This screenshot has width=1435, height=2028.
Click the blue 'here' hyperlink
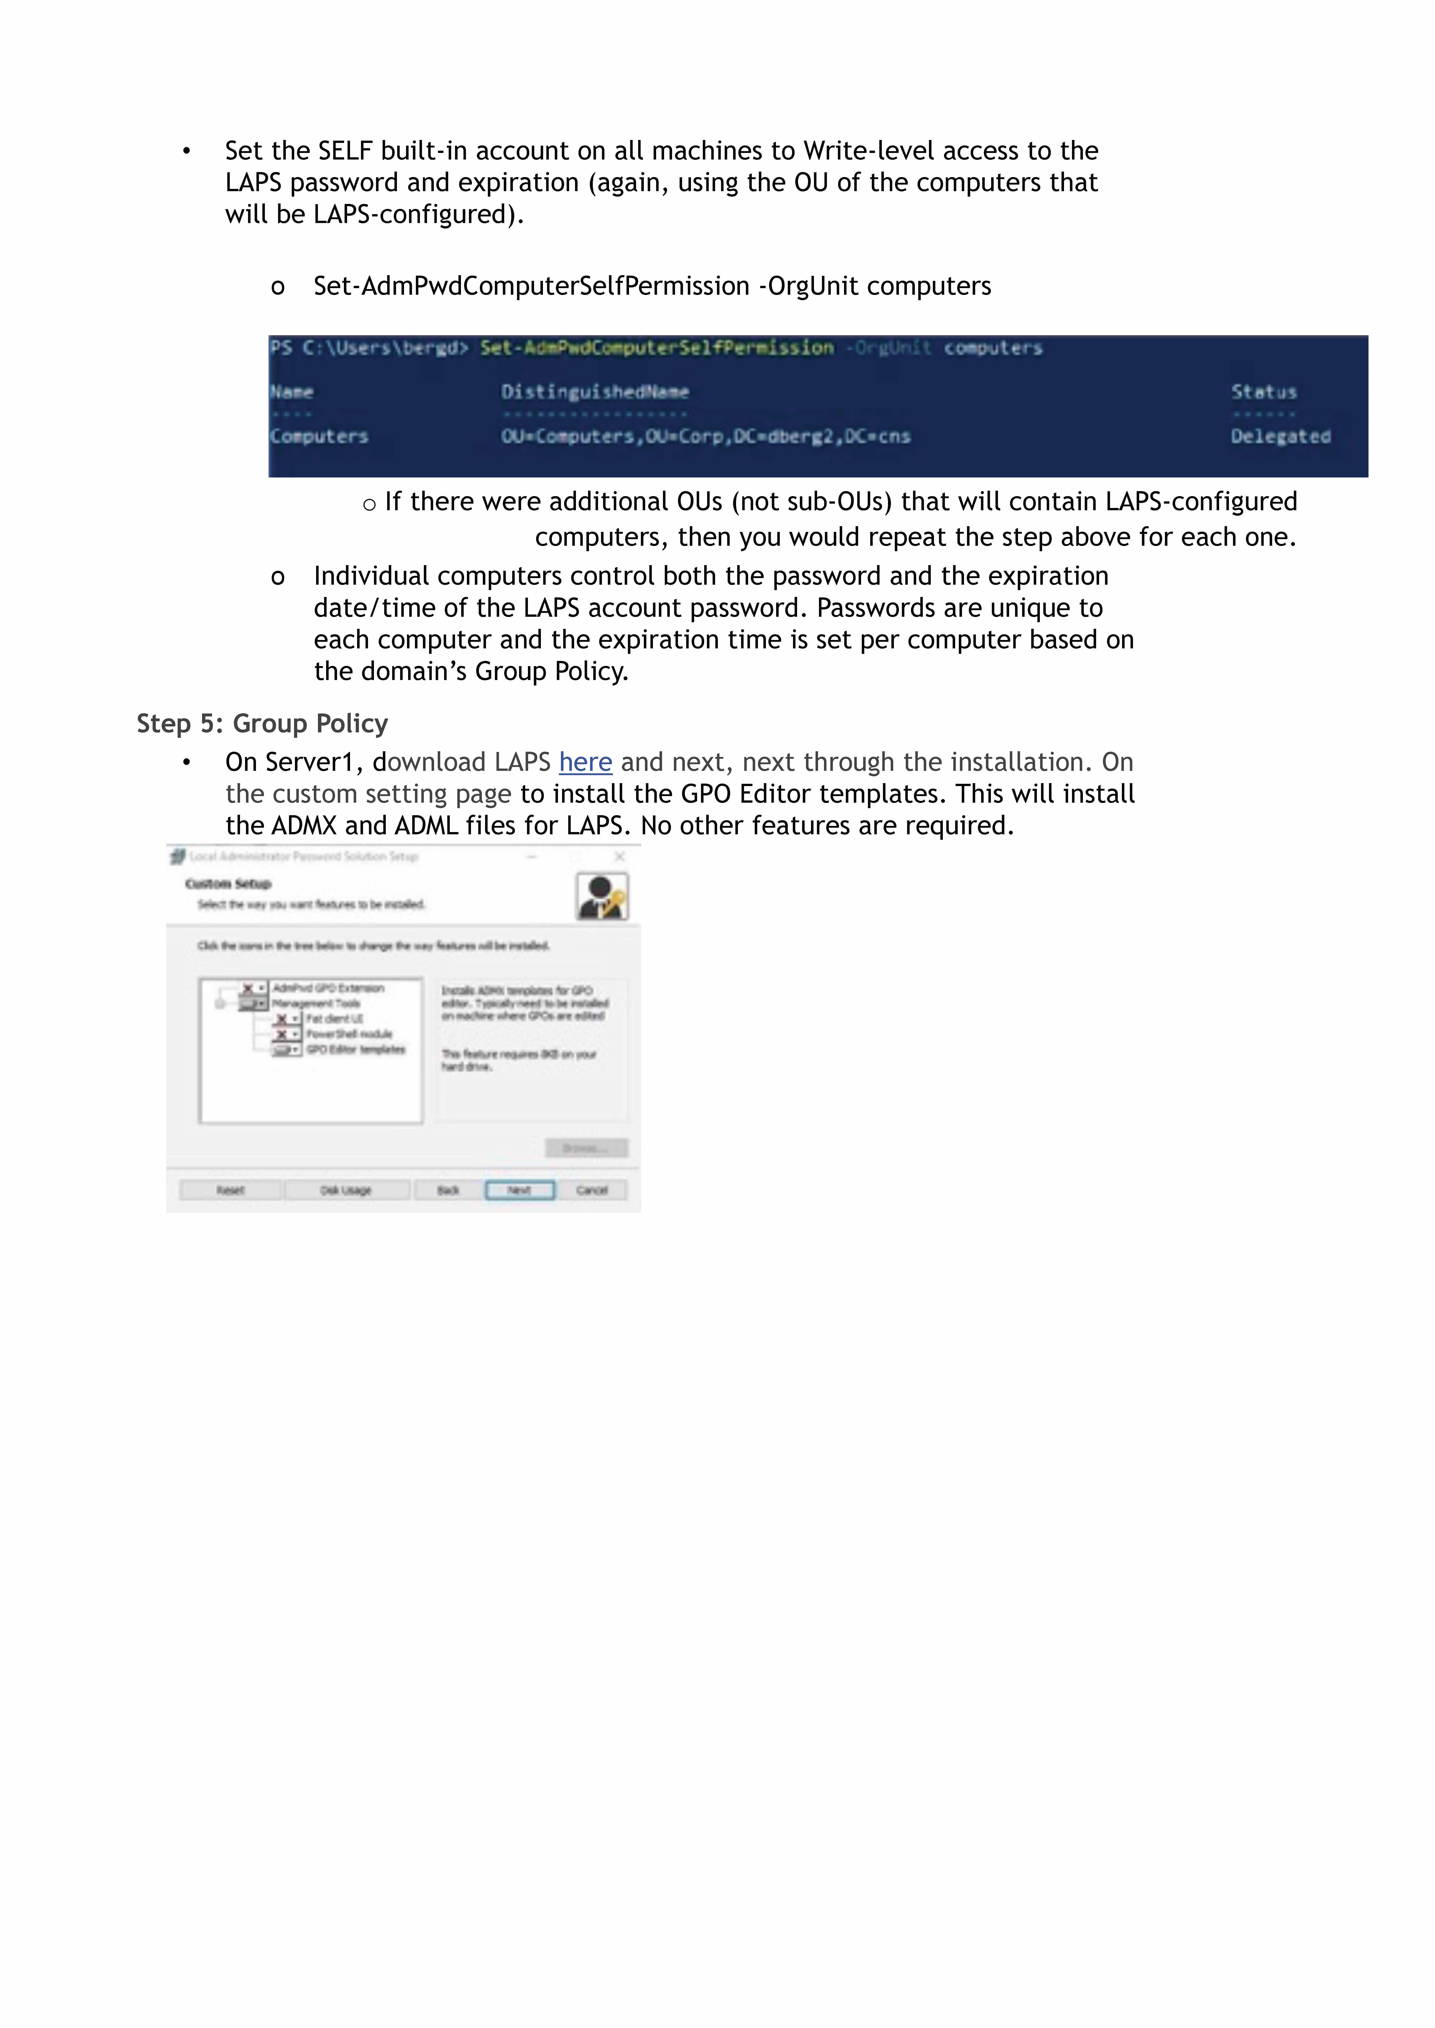click(585, 762)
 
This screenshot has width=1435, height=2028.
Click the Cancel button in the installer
click(592, 1191)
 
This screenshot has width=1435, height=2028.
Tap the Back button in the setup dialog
click(448, 1191)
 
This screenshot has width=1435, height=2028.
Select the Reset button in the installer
click(230, 1191)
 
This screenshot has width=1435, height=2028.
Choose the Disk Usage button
click(345, 1191)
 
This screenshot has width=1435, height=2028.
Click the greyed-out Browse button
click(586, 1148)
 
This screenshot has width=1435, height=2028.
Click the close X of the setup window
click(619, 856)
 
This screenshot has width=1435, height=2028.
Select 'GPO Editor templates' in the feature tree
click(355, 1049)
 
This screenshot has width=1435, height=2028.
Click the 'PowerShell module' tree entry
click(349, 1034)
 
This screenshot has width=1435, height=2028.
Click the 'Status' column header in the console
click(1264, 392)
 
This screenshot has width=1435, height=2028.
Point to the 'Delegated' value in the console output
click(1280, 436)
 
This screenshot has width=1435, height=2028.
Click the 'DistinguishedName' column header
click(595, 392)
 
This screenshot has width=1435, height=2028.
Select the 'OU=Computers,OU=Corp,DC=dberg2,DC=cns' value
click(705, 436)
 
